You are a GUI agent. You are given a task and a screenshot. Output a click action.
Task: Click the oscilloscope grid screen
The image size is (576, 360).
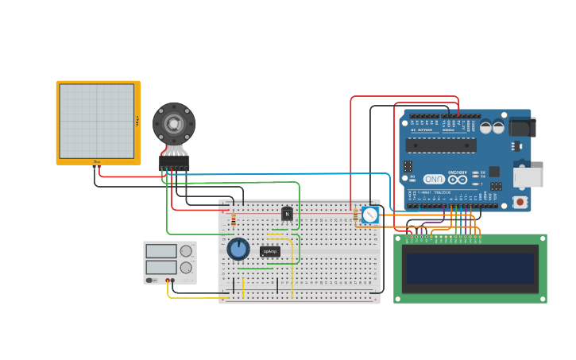pos(96,122)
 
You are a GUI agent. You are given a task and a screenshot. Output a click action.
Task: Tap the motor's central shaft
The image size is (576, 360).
pos(173,124)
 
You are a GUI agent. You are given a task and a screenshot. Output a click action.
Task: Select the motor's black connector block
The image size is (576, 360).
pos(174,162)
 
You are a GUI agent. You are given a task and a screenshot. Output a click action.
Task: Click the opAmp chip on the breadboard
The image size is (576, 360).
pos(270,252)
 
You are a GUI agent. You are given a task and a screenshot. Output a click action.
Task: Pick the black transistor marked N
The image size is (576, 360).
pos(287,214)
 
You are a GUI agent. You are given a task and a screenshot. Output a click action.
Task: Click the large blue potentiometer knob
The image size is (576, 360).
pos(238,249)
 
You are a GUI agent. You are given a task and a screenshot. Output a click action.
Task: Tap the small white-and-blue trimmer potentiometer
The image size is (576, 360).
pos(370,215)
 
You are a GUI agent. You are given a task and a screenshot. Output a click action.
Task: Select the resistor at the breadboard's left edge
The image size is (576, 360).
pos(233,219)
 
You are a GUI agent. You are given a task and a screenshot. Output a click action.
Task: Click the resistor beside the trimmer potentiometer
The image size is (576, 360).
pos(355,213)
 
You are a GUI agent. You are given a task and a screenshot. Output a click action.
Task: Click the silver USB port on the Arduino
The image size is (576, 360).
pos(528,177)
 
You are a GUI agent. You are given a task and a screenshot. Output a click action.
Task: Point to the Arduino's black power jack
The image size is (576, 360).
pos(522,127)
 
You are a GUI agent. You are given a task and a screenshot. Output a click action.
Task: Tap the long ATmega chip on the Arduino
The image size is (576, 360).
pos(441,145)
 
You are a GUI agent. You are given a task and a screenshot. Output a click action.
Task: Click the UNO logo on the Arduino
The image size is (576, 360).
pos(435,180)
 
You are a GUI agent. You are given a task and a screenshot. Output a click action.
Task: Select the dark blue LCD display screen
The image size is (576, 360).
pos(470,269)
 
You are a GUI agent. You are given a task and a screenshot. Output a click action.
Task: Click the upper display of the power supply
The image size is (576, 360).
pos(161,251)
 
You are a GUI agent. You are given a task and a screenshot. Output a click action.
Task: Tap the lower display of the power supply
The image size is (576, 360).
pos(161,267)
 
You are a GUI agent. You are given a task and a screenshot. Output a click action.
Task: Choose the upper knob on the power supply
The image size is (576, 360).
pos(186,251)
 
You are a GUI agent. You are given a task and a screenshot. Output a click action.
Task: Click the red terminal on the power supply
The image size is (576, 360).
pos(168,281)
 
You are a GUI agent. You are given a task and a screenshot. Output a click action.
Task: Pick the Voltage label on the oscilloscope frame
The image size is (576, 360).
pos(137,121)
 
